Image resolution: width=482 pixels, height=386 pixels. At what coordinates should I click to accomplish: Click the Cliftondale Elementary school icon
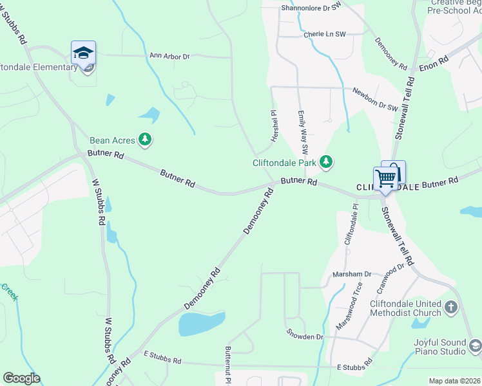[83, 52]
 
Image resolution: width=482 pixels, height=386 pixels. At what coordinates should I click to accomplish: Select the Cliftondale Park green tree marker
[326, 162]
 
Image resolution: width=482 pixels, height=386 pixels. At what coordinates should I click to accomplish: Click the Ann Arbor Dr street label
[169, 57]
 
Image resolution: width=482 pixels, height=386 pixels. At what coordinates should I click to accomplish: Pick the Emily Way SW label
[302, 127]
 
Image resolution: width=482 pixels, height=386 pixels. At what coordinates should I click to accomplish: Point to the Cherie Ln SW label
[324, 33]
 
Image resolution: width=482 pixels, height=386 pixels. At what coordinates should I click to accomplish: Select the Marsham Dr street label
[352, 274]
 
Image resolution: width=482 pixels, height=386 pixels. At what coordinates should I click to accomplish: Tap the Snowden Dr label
[305, 336]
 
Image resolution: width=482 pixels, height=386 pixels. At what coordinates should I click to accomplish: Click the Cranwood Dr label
[391, 275]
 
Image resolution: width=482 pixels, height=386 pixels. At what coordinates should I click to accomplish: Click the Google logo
[21, 378]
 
